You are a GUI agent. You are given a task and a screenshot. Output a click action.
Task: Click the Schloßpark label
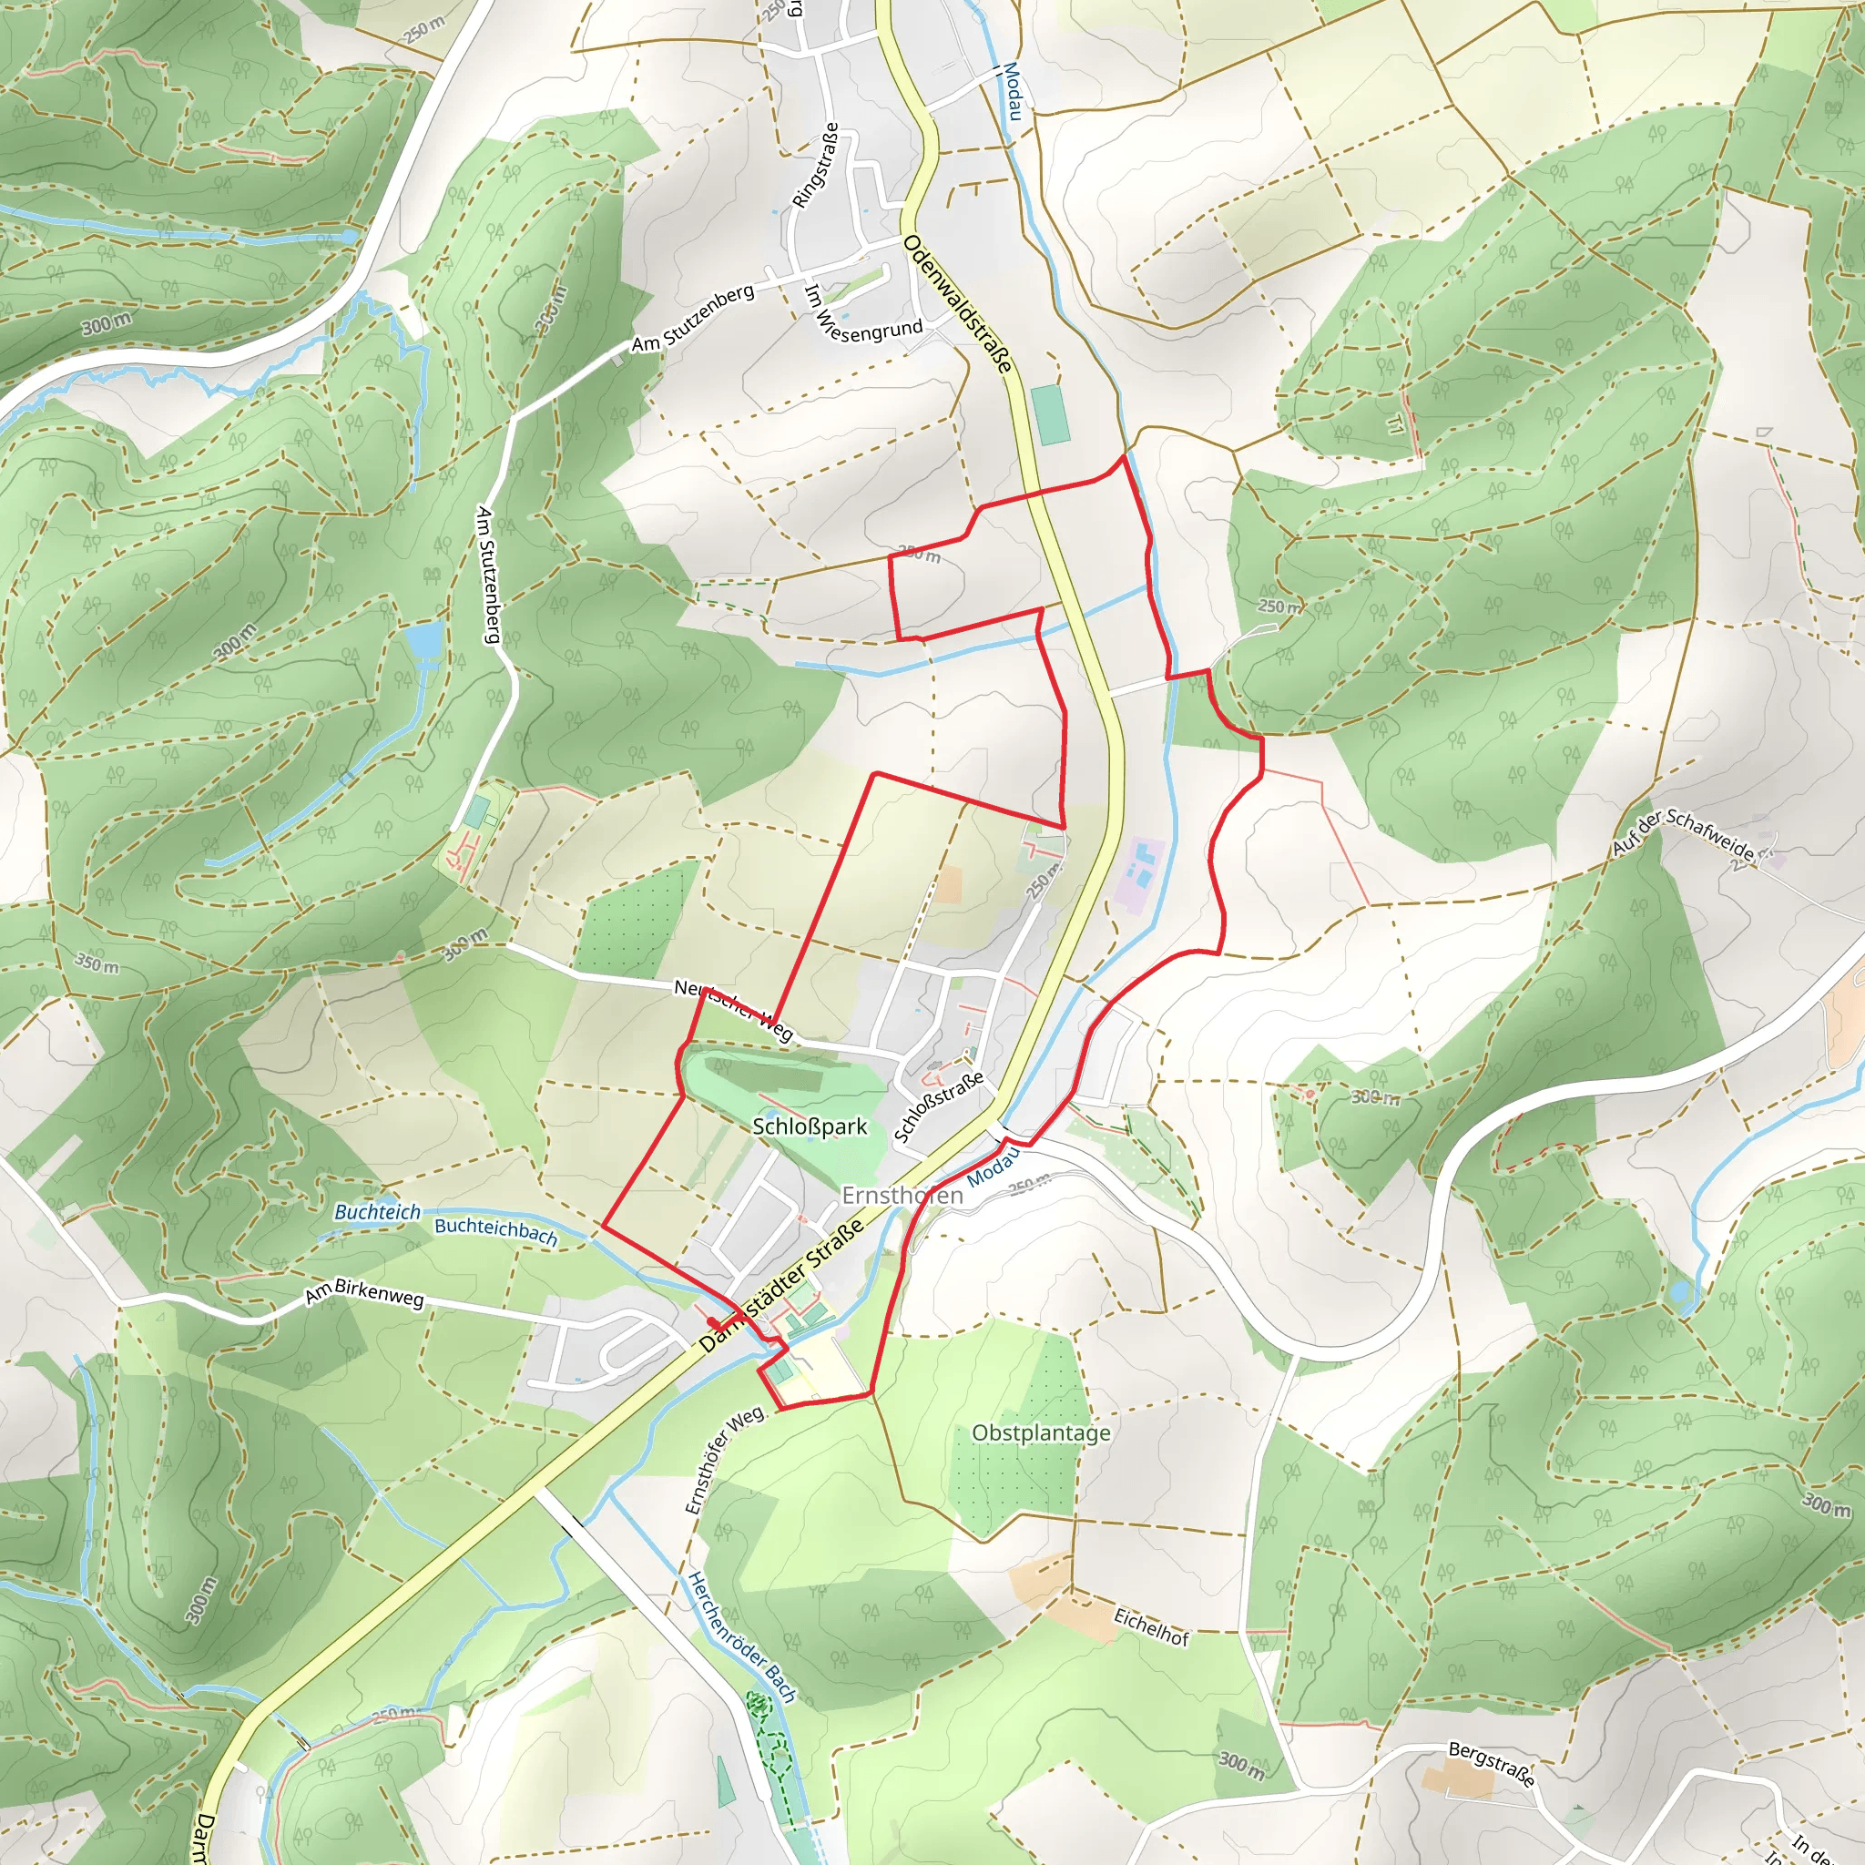pyautogui.click(x=810, y=1126)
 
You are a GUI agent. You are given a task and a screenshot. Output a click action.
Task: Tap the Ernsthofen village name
pyautogui.click(x=902, y=1195)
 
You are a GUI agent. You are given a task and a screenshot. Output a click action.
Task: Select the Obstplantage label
pyautogui.click(x=1041, y=1432)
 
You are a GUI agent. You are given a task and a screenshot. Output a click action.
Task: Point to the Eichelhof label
pyautogui.click(x=1151, y=1626)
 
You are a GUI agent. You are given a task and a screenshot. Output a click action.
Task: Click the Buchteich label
pyautogui.click(x=377, y=1211)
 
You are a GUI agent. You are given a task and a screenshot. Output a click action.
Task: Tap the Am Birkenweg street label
pyautogui.click(x=365, y=1293)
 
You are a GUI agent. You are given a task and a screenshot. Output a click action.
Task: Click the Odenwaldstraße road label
pyautogui.click(x=958, y=303)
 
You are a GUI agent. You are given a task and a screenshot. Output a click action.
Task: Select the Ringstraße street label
pyautogui.click(x=816, y=165)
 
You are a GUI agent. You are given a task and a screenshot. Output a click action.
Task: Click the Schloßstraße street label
pyautogui.click(x=938, y=1106)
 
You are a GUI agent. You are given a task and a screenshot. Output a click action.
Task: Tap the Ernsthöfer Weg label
pyautogui.click(x=723, y=1460)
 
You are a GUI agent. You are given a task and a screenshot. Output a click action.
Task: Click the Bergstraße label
pyautogui.click(x=1491, y=1763)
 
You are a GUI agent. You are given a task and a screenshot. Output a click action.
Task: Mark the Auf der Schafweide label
pyautogui.click(x=1683, y=835)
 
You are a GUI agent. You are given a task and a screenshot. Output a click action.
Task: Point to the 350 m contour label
pyautogui.click(x=97, y=963)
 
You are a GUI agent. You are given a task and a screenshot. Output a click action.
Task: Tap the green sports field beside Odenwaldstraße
pyautogui.click(x=1050, y=415)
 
